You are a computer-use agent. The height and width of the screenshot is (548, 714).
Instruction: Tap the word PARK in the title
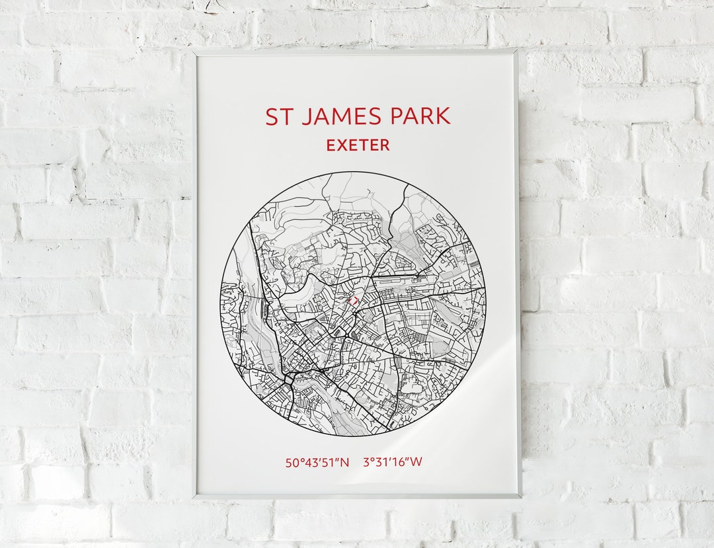coord(422,116)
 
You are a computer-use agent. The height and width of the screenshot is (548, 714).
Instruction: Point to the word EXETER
coord(358,145)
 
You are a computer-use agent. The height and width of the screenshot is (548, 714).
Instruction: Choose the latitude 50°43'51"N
coord(317,462)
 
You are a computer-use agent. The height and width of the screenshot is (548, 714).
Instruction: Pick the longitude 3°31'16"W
coord(392,462)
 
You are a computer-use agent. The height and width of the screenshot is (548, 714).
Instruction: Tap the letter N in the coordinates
coord(344,462)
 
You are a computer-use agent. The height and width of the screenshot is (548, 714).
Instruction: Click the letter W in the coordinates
coord(415,462)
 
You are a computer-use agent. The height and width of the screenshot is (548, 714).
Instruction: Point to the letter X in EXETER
coord(342,145)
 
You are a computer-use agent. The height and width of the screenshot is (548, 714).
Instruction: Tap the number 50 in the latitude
coord(292,462)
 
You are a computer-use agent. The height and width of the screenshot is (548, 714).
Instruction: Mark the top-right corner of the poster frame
coord(518,50)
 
